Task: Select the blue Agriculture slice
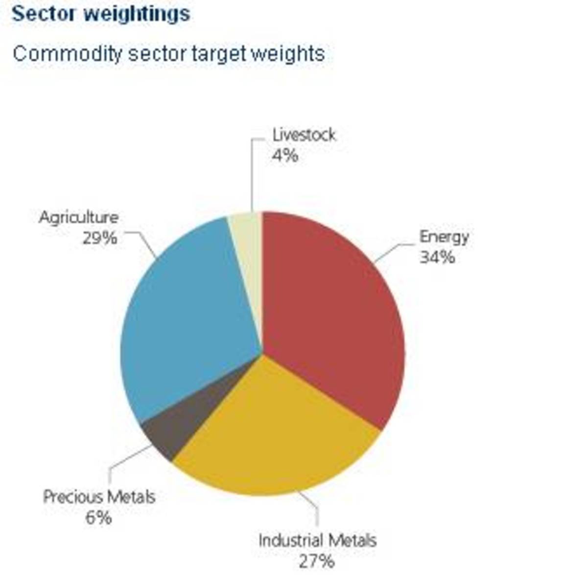click(186, 318)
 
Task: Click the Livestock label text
click(304, 135)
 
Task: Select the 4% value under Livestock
click(284, 156)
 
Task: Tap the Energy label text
click(444, 237)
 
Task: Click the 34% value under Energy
click(437, 257)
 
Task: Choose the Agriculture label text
click(79, 218)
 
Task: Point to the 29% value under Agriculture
click(99, 238)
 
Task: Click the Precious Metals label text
click(99, 497)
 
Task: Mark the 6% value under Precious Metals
click(98, 518)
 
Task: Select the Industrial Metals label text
click(317, 541)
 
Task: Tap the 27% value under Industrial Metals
click(317, 561)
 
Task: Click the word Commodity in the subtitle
click(67, 53)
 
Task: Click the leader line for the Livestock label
click(252, 176)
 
